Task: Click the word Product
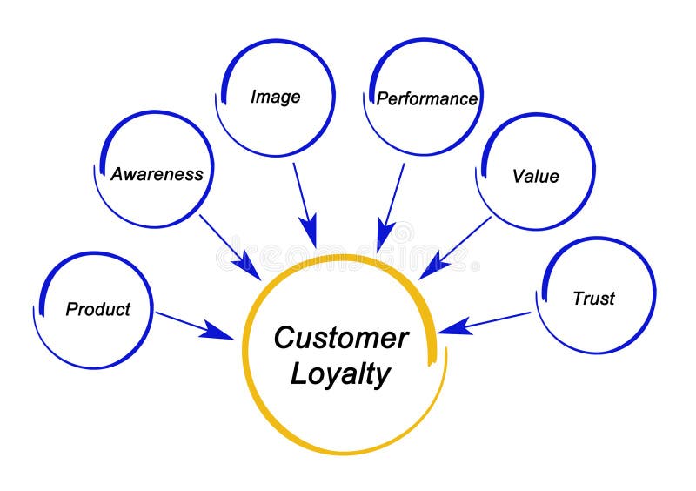pyautogui.click(x=97, y=309)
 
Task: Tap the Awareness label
pyautogui.click(x=157, y=174)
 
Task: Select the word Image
pyautogui.click(x=275, y=97)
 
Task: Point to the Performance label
pyautogui.click(x=426, y=98)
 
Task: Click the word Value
pyautogui.click(x=535, y=176)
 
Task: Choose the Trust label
pyautogui.click(x=593, y=299)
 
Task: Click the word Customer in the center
pyautogui.click(x=340, y=338)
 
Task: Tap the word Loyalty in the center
pyautogui.click(x=340, y=373)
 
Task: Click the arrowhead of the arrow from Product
pyautogui.click(x=217, y=333)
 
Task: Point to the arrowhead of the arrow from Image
pyautogui.click(x=309, y=235)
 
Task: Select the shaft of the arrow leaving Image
pyautogui.click(x=301, y=192)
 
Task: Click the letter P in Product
pyautogui.click(x=72, y=309)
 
